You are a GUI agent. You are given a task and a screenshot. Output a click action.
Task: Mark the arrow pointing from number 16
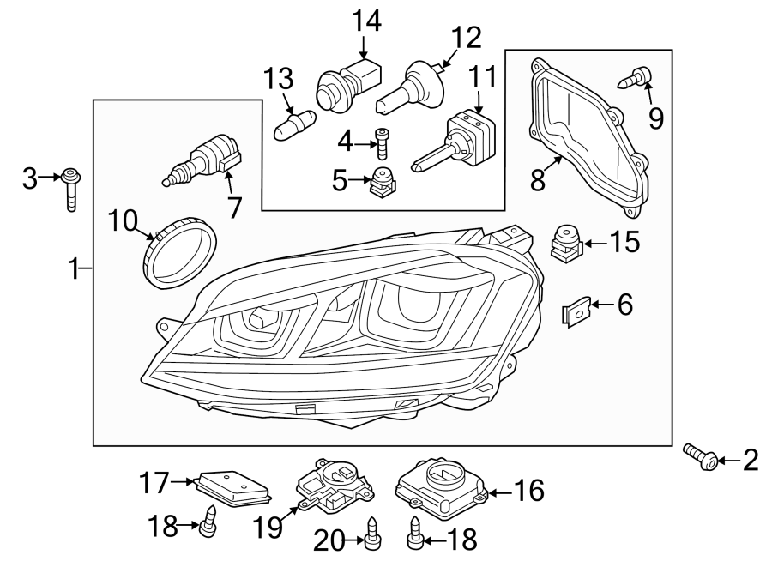coord(500,490)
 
